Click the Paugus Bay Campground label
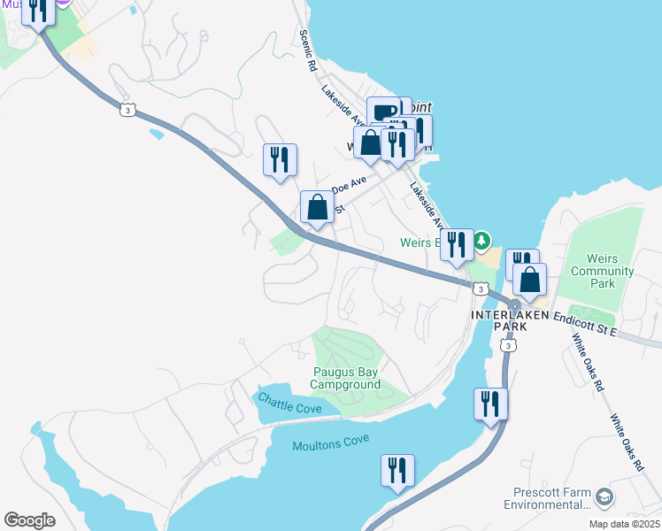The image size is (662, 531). (x=345, y=378)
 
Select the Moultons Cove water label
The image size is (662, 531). (x=330, y=444)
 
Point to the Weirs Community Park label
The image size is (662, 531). (x=603, y=271)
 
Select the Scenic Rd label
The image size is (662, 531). (x=307, y=50)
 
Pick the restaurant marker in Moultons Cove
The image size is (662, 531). (x=397, y=470)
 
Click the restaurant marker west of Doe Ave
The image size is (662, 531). (x=280, y=160)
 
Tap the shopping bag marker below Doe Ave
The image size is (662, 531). (x=318, y=208)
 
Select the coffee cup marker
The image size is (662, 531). (x=383, y=112)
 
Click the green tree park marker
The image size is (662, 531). (x=481, y=240)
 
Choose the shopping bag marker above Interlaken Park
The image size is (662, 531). (x=529, y=279)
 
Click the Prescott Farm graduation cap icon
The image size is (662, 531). (x=604, y=496)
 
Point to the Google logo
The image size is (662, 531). (x=29, y=519)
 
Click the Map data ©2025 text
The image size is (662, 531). (x=625, y=524)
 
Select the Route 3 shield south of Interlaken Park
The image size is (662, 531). (x=508, y=346)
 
